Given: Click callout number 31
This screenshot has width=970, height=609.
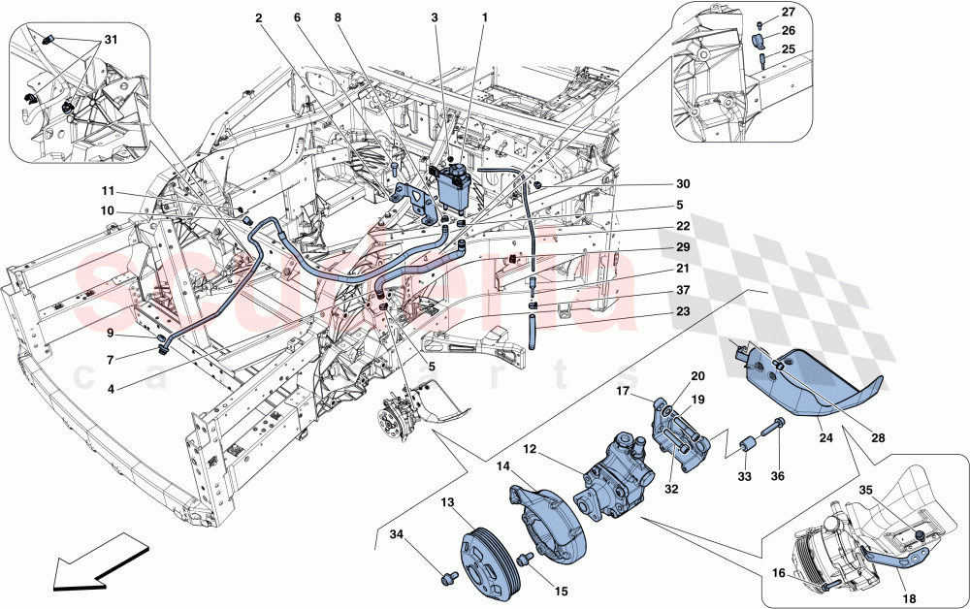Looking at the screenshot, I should tap(110, 39).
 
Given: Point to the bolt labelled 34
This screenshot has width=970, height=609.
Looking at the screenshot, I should tap(448, 578).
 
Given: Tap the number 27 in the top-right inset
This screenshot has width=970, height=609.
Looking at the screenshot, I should tap(788, 12).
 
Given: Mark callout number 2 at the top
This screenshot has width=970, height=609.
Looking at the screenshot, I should tap(259, 18).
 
